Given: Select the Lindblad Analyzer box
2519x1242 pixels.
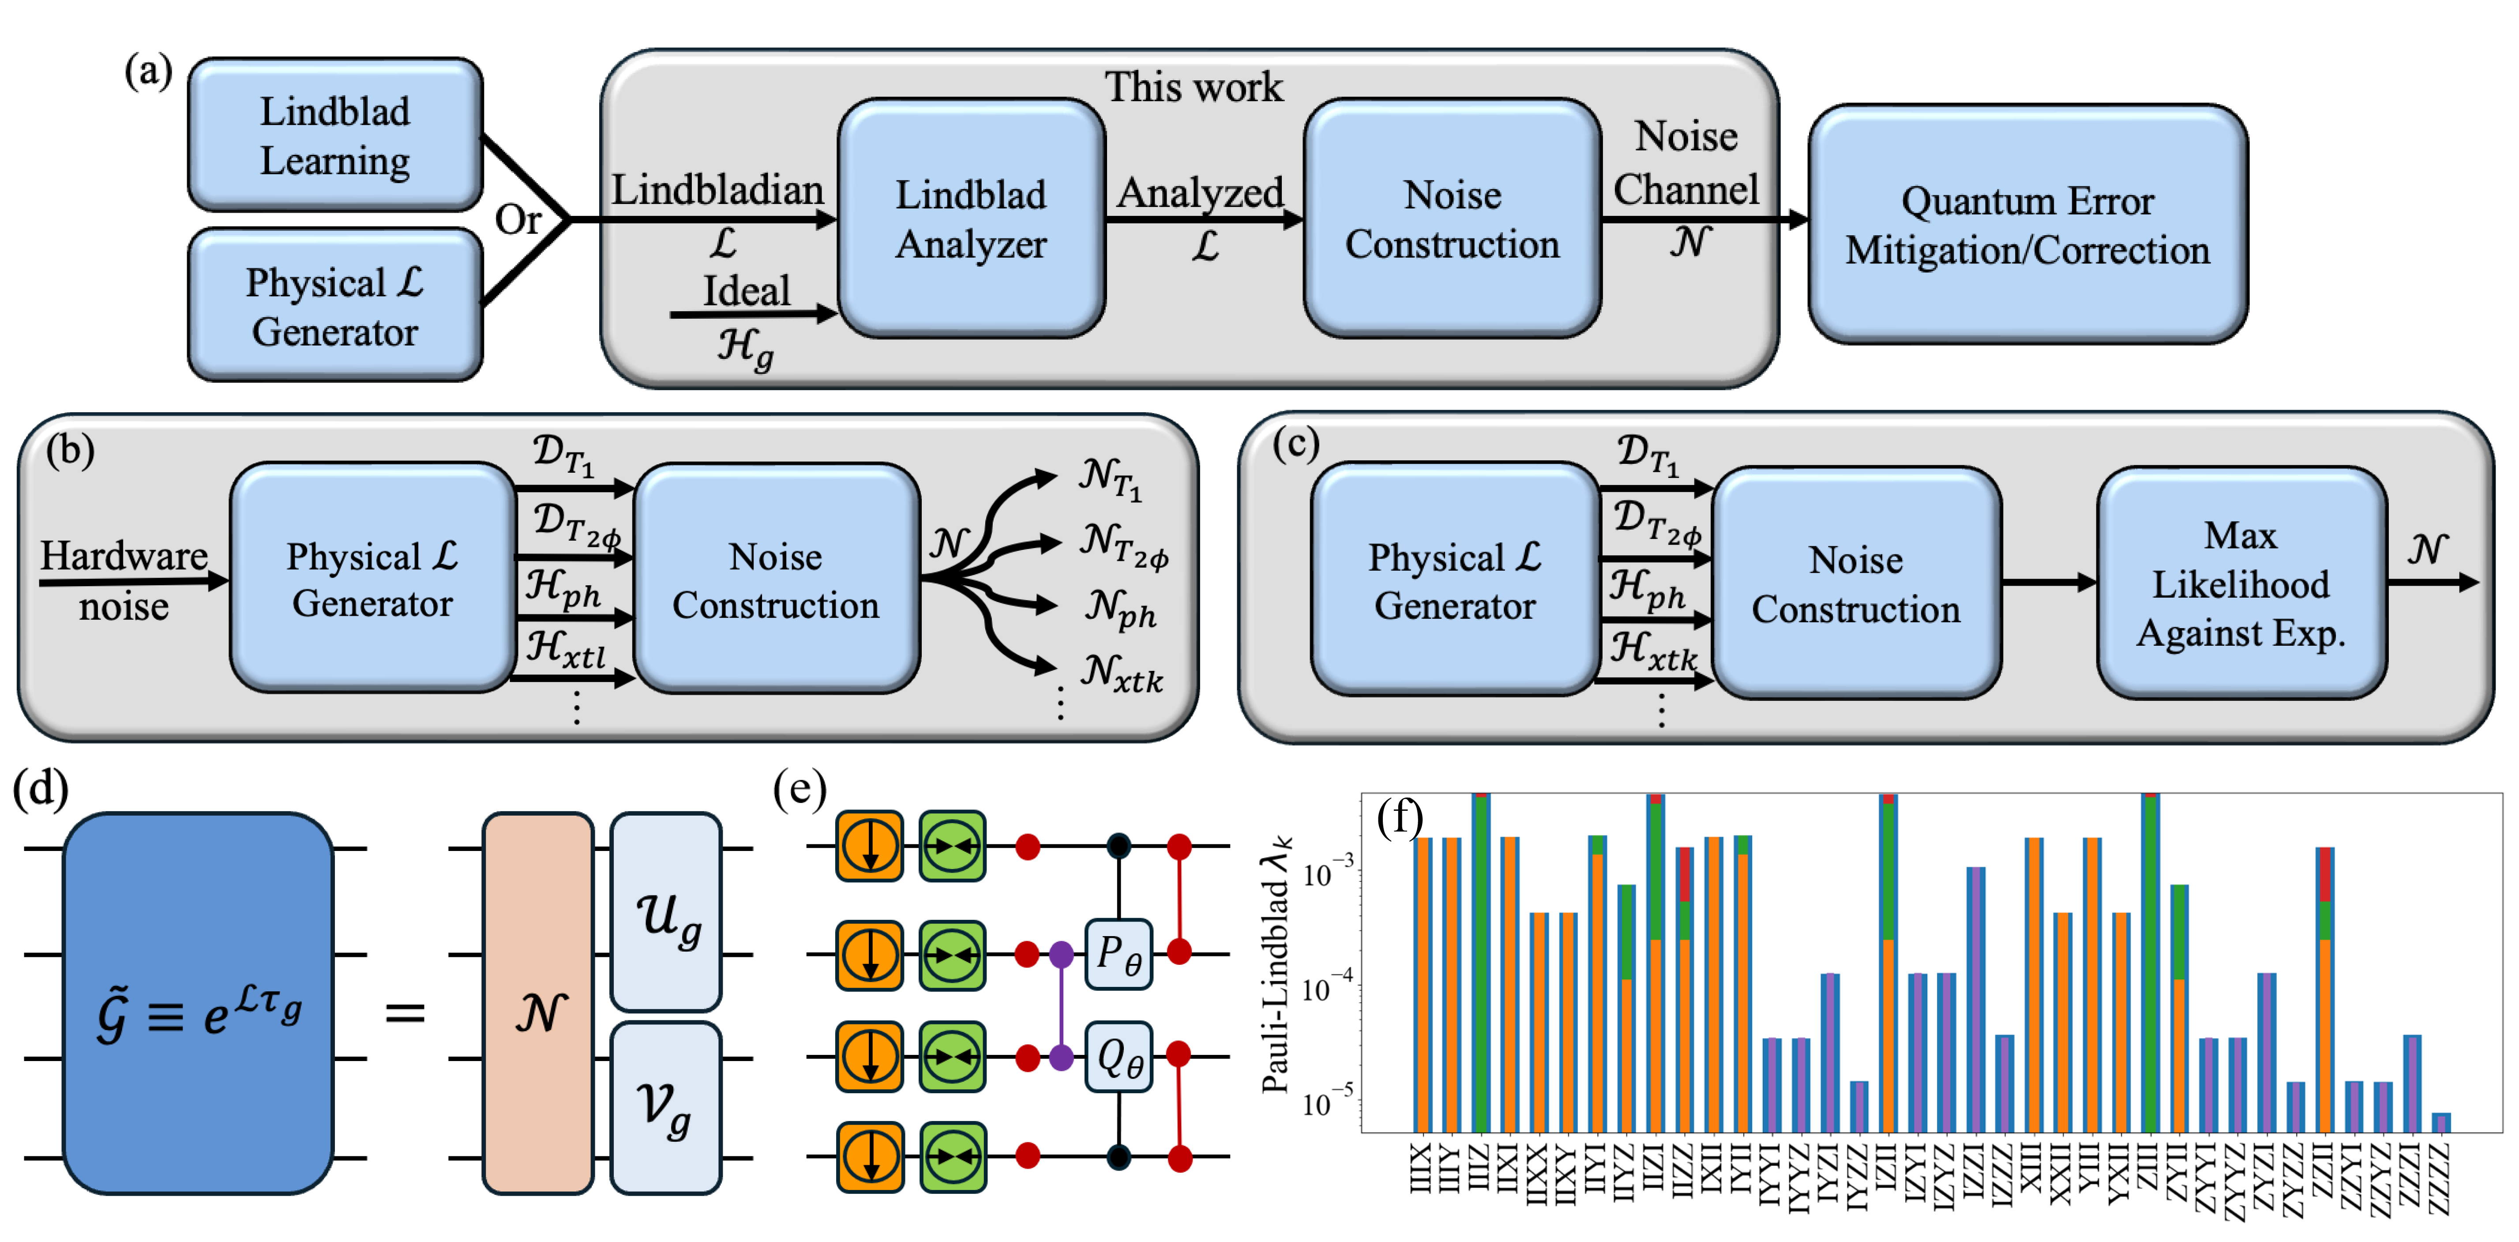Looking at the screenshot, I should click(971, 219).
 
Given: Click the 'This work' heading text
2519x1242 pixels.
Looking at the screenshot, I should click(1193, 87).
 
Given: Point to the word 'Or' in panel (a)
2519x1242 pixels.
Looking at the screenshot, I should click(517, 219).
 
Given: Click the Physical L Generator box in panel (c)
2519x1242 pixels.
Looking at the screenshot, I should click(1454, 581).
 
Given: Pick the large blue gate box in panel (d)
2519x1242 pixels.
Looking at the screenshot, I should click(199, 1003).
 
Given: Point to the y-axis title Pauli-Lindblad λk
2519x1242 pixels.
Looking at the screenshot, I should click(1276, 963).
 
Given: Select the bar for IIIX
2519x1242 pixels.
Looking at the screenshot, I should click(1423, 983).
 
